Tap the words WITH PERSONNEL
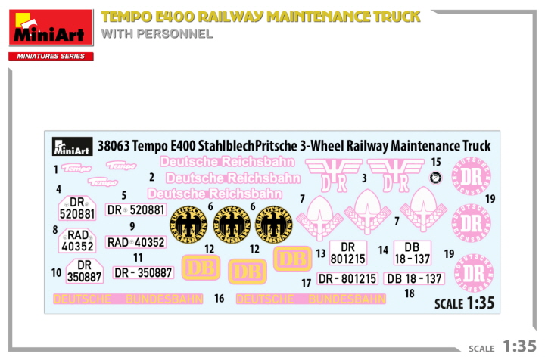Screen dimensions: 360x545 (x=157, y=34)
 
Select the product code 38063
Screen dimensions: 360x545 (x=112, y=146)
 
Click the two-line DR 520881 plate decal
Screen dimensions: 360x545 (x=77, y=208)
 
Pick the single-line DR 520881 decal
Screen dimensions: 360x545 (x=136, y=210)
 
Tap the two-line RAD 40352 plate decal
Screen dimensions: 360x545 (x=77, y=240)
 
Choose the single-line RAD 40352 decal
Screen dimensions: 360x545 (x=136, y=242)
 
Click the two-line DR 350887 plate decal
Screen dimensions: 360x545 (x=84, y=271)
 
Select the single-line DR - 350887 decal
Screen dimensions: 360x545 (x=144, y=272)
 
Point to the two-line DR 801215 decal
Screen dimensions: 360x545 (x=347, y=253)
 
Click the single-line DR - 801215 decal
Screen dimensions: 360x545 (x=347, y=279)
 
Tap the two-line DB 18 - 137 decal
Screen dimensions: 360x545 (x=412, y=253)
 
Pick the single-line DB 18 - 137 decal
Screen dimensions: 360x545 (x=414, y=278)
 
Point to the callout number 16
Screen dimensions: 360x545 (x=219, y=299)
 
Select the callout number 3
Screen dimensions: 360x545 (x=364, y=178)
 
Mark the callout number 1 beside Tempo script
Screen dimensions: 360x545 (x=55, y=169)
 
